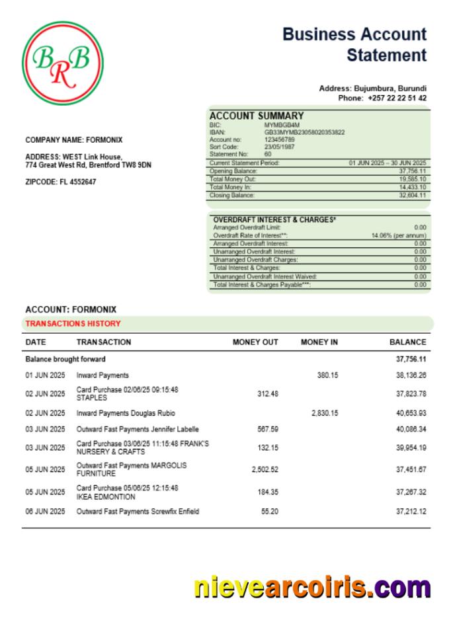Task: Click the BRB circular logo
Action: click(x=63, y=63)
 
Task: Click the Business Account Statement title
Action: click(x=354, y=45)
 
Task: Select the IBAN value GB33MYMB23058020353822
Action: click(x=304, y=132)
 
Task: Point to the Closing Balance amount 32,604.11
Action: click(x=412, y=196)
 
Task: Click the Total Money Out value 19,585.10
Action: click(x=412, y=179)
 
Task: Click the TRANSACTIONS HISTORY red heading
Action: click(x=73, y=324)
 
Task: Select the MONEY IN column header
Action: click(x=319, y=342)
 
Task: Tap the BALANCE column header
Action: click(x=407, y=342)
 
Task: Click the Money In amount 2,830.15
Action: click(x=324, y=413)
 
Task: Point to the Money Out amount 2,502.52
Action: click(x=265, y=470)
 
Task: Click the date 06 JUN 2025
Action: click(x=45, y=512)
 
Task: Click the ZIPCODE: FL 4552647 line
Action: click(x=60, y=182)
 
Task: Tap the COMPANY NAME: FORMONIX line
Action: click(x=73, y=140)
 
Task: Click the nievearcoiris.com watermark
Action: click(x=312, y=587)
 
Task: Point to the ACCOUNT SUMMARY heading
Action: click(x=257, y=116)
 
